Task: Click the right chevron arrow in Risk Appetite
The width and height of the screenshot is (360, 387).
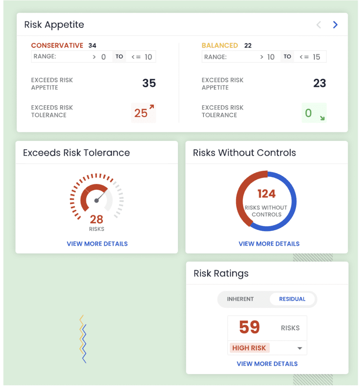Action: pyautogui.click(x=335, y=25)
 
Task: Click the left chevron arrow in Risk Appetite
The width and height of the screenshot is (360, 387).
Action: pyautogui.click(x=318, y=25)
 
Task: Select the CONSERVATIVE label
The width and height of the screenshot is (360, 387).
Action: pyautogui.click(x=57, y=45)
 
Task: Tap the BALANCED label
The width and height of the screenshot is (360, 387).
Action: pyautogui.click(x=220, y=45)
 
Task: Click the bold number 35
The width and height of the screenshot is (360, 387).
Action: pyautogui.click(x=149, y=83)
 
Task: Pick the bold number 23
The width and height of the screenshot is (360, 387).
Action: pyautogui.click(x=320, y=83)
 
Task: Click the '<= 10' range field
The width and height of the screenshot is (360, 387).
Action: pyautogui.click(x=141, y=57)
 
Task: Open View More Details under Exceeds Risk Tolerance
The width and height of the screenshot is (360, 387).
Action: pyautogui.click(x=97, y=244)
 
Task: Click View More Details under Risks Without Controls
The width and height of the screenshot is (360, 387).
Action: pyautogui.click(x=269, y=244)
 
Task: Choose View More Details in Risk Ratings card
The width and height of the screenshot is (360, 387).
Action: pyautogui.click(x=267, y=364)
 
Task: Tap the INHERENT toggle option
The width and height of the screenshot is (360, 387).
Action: pyautogui.click(x=240, y=299)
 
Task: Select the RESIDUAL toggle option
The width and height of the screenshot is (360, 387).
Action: pyautogui.click(x=292, y=299)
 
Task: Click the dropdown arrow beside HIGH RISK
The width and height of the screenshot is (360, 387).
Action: pyautogui.click(x=300, y=348)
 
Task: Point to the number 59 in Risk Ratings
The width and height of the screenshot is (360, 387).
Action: pyautogui.click(x=250, y=327)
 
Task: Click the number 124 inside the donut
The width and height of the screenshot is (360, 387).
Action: pyautogui.click(x=267, y=194)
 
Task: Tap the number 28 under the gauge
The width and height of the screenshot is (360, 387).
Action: pyautogui.click(x=96, y=219)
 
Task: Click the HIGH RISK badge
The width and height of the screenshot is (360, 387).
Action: pyautogui.click(x=249, y=348)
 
